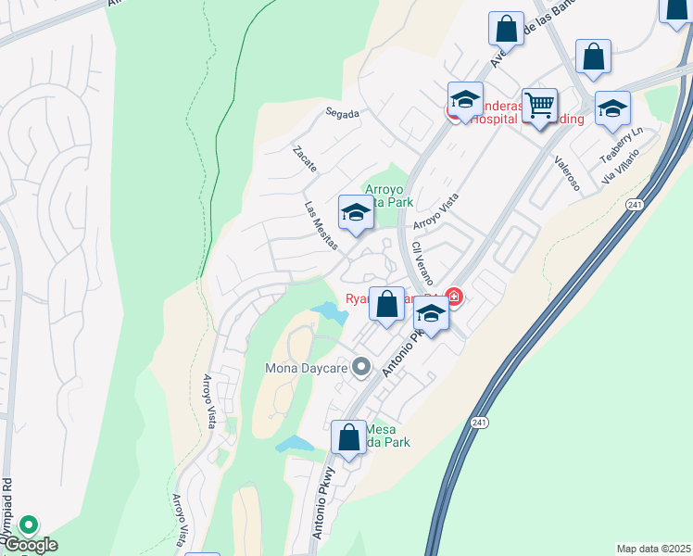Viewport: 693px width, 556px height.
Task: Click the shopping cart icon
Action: [539, 104]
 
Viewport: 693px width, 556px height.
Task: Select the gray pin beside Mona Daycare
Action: [362, 367]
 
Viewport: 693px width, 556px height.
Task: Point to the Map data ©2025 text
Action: [654, 549]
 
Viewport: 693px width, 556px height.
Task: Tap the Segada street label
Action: [341, 113]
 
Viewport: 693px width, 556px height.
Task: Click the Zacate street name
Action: [305, 159]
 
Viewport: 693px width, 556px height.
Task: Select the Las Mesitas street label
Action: [321, 220]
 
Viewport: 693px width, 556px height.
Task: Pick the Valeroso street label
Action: [567, 173]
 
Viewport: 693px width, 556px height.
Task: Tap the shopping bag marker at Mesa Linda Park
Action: [348, 436]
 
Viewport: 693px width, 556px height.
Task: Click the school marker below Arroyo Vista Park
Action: [356, 212]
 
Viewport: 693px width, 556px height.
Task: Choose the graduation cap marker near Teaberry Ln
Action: [612, 107]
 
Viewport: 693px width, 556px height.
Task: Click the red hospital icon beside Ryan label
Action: [454, 297]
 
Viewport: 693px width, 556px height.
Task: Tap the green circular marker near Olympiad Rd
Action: [29, 525]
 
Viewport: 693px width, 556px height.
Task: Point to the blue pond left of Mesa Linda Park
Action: [296, 444]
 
